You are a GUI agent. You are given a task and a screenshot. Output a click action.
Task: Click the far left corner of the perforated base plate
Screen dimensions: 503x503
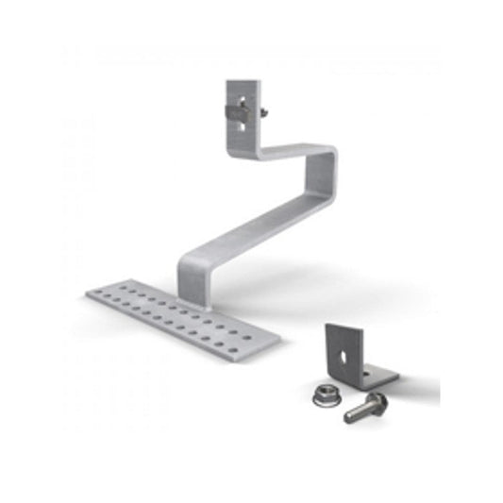(91, 294)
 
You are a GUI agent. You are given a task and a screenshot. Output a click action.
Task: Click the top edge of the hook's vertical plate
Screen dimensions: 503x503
(243, 81)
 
